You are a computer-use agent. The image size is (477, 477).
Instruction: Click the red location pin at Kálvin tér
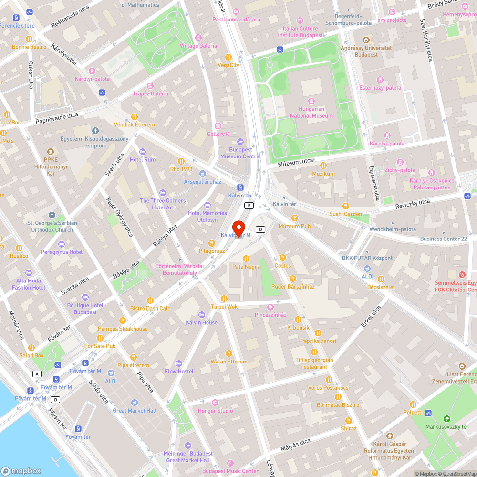pos(238,228)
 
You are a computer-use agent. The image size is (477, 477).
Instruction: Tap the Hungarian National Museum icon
pos(311,101)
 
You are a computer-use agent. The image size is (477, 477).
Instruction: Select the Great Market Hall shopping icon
pos(135,403)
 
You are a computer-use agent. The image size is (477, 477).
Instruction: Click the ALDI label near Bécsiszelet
pos(367,276)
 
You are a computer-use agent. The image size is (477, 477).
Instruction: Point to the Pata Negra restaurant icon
pos(246,258)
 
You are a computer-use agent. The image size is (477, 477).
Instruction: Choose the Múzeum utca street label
pos(296,163)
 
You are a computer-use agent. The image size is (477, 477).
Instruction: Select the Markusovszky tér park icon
pos(446,417)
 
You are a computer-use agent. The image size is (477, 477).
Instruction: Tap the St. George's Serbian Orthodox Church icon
pos(52,215)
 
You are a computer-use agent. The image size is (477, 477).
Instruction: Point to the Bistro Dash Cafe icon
pos(150,300)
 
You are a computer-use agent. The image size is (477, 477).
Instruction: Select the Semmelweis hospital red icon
pos(461,275)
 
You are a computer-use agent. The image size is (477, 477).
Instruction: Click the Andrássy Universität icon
pos(366,40)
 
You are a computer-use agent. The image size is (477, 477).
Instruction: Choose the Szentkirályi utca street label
pos(425,40)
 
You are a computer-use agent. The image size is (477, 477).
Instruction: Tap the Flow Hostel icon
pos(179,363)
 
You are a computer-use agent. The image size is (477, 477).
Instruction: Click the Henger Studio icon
pos(215,403)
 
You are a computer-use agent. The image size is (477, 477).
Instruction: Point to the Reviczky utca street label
pos(413,204)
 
